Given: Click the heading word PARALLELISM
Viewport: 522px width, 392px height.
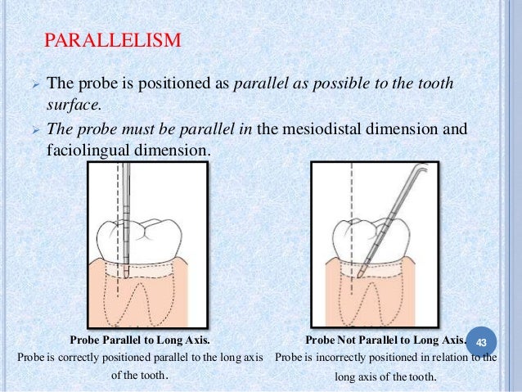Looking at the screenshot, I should pos(113,39).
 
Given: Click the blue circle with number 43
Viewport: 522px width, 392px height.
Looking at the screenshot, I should pos(481,340).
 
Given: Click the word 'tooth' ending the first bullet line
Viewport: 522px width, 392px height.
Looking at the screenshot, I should pos(434,83).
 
